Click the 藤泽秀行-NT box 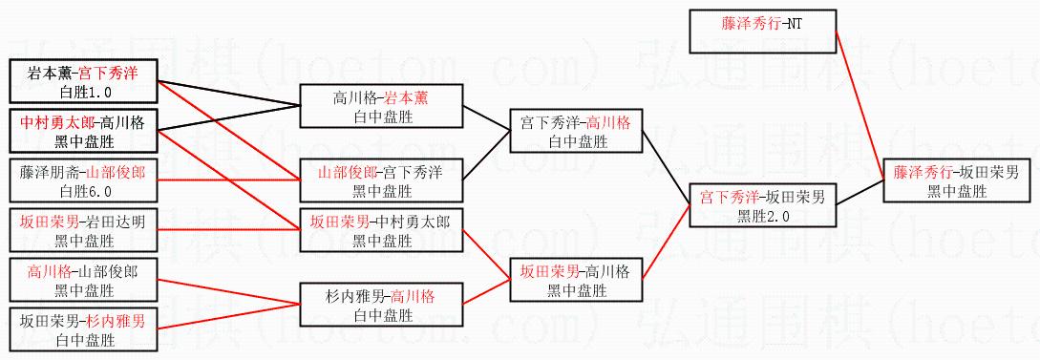pos(762,32)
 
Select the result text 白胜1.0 pos(84,90)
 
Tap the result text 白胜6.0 pos(84,191)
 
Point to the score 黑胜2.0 pos(762,215)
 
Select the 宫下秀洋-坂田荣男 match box pos(763,206)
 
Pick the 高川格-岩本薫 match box pos(381,105)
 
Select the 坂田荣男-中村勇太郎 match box pos(381,230)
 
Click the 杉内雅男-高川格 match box pos(381,305)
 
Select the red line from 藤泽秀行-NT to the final pos(860,105)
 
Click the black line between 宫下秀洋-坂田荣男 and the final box pos(860,193)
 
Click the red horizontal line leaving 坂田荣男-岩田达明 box pos(228,230)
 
